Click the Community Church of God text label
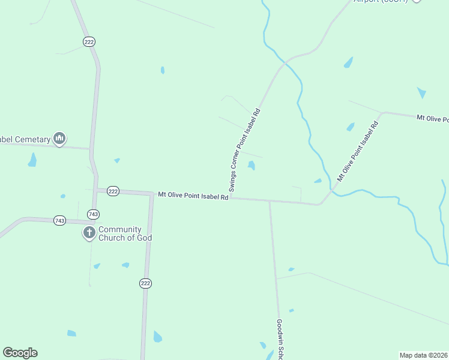(125, 233)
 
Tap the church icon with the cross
(89, 232)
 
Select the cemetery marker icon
(59, 139)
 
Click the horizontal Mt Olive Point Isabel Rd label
(193, 196)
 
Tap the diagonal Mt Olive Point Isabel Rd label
(358, 151)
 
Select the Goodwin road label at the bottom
(280, 339)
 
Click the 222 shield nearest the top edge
(89, 41)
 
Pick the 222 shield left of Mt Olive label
(113, 191)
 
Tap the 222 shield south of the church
(145, 283)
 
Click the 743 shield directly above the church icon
(92, 214)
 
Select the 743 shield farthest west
(59, 221)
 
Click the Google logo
(20, 353)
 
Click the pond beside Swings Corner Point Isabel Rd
(252, 165)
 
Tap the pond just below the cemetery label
(32, 160)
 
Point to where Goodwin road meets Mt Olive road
(270, 201)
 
